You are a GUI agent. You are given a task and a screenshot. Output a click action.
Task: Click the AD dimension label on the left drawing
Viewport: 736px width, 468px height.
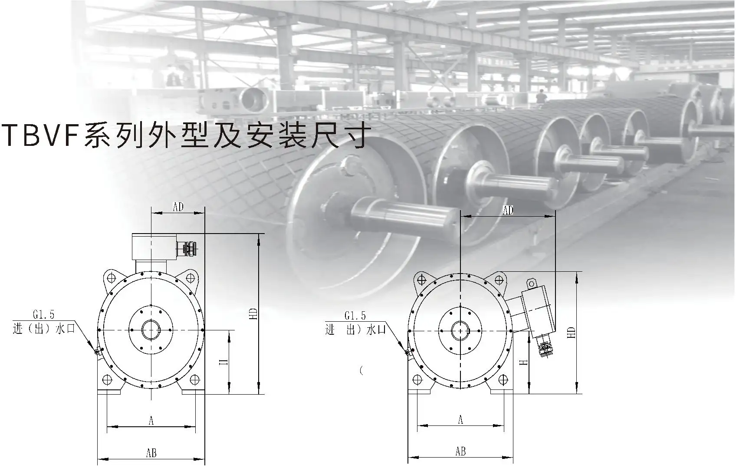point(178,207)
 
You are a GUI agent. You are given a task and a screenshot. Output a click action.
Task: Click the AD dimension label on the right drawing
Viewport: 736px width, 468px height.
point(508,210)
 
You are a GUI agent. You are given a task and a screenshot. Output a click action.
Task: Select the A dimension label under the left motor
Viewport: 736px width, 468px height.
point(151,420)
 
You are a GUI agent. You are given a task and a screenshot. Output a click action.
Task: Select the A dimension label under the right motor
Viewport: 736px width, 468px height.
point(461,419)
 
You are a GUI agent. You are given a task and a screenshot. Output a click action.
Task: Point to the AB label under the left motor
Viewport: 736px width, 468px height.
point(151,453)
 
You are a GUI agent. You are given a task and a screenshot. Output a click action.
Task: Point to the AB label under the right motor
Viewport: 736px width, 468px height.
point(461,452)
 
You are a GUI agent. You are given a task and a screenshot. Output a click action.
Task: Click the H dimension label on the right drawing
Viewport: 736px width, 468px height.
point(524,362)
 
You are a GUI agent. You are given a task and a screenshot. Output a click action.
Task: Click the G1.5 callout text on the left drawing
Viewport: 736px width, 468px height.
point(44,313)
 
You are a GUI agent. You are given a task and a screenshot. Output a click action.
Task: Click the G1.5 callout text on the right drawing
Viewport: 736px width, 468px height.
point(355,316)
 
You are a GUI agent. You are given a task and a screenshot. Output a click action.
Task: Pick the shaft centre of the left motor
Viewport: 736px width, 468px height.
point(151,330)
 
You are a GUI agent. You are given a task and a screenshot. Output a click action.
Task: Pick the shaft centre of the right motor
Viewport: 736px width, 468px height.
point(460,330)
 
